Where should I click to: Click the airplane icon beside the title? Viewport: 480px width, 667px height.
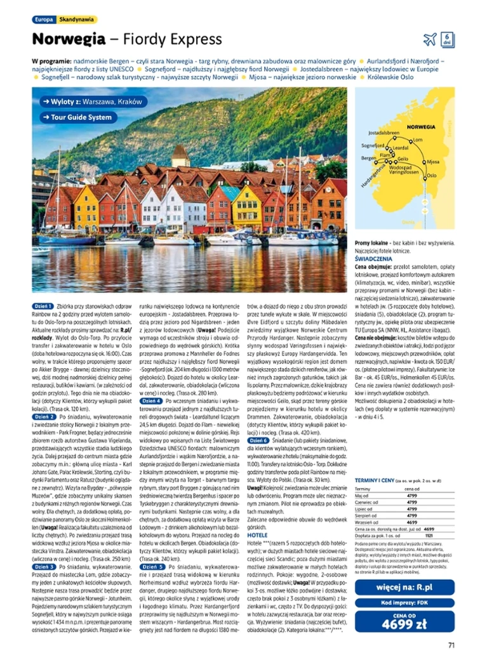[x=430, y=39]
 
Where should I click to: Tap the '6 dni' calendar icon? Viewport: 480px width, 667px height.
[x=447, y=39]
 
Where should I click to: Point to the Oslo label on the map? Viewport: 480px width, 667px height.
[x=431, y=175]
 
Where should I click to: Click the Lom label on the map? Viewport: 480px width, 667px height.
[x=417, y=139]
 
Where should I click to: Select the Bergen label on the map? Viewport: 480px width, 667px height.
[x=368, y=157]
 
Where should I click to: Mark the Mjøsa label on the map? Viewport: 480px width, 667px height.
[x=434, y=161]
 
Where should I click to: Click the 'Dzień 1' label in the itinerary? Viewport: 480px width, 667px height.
[x=44, y=306]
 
